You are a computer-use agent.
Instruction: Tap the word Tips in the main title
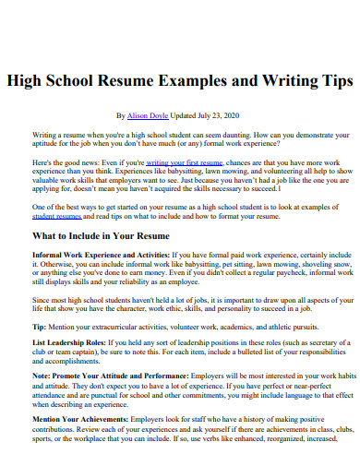[330, 80]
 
